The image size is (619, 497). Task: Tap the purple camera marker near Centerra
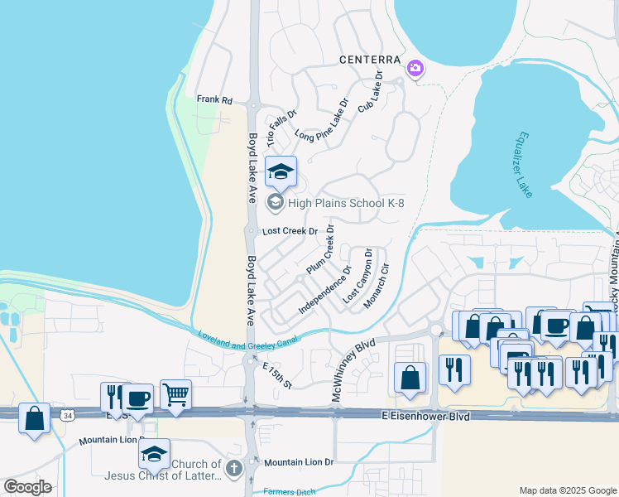415,68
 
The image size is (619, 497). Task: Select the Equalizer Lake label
523,164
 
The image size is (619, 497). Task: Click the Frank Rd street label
214,99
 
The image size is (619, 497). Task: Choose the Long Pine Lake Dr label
328,124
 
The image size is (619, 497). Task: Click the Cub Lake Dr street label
370,92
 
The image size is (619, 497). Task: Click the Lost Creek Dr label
290,232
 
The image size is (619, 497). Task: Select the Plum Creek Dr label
320,249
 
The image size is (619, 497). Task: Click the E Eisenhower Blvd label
426,416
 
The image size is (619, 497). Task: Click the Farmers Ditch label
290,492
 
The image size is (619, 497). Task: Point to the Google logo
27,487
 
